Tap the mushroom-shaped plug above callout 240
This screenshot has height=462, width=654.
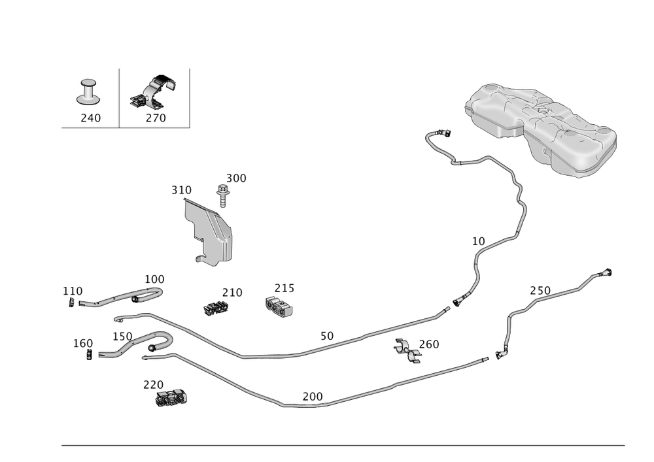pos(88,91)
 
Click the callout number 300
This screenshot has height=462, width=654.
pos(236,178)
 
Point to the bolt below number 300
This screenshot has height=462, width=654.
pos(223,195)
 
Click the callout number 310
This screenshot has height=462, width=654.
pos(181,190)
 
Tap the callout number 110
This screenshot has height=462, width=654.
pos(73,289)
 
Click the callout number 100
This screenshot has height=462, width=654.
pos(154,278)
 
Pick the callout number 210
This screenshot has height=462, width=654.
pos(232,292)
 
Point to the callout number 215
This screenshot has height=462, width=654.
pos(284,288)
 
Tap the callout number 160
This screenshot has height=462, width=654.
pos(83,343)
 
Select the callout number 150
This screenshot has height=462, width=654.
pos(122,336)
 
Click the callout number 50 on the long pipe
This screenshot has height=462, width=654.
pos(326,335)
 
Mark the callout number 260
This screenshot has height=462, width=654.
pos(428,343)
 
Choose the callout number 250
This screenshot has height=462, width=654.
pos(540,289)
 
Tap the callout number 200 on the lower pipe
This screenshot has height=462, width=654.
pos(313,396)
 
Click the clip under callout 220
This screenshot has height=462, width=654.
pos(171,397)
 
